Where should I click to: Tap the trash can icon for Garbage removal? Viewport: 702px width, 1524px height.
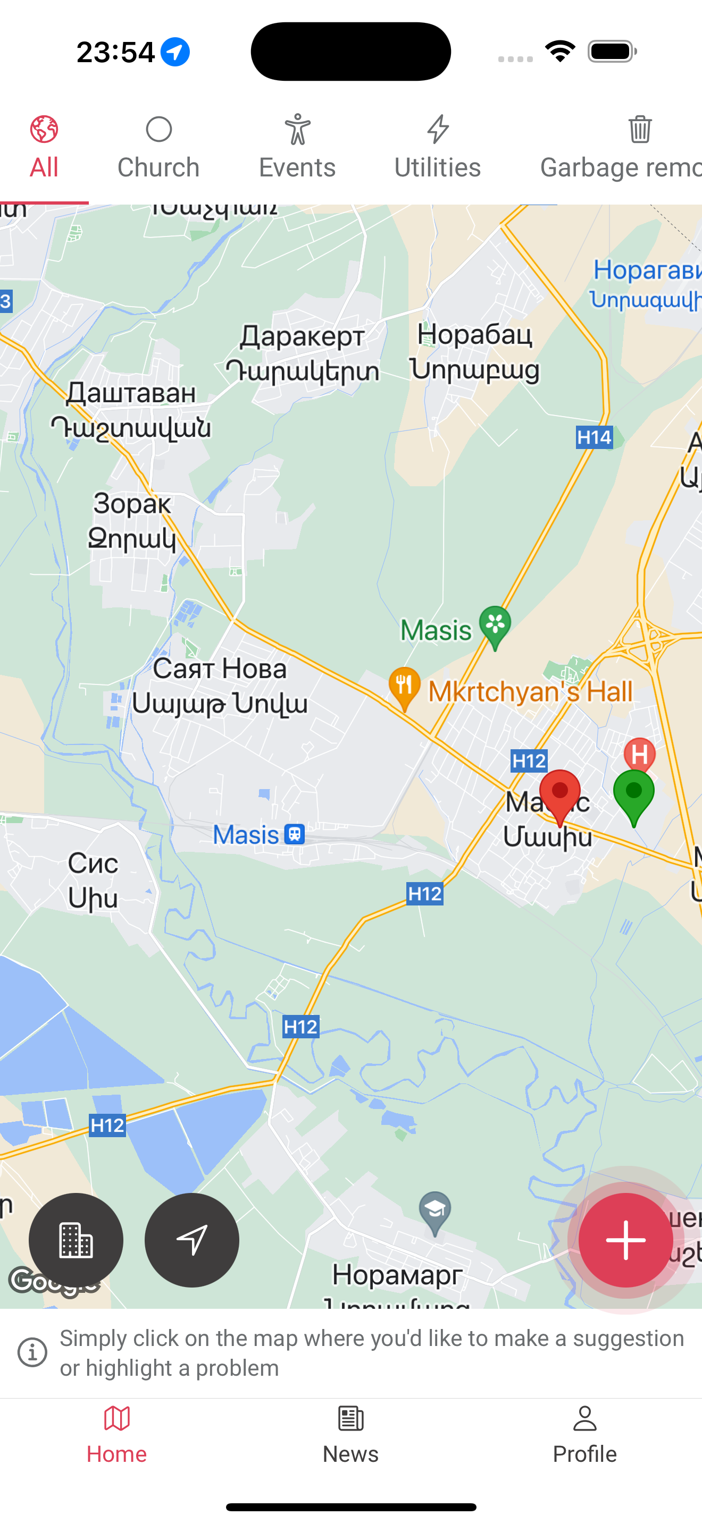click(640, 130)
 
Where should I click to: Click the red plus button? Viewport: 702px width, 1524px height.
click(625, 1239)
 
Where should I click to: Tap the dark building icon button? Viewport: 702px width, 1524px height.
click(76, 1239)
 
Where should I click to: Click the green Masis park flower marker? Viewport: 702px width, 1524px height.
click(495, 625)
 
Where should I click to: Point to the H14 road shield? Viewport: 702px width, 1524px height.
click(594, 437)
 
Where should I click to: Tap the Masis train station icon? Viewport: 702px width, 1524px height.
click(294, 834)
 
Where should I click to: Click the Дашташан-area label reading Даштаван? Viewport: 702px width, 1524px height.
click(131, 393)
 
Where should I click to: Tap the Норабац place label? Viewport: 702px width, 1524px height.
click(475, 335)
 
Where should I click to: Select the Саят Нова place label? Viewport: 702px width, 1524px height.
click(220, 669)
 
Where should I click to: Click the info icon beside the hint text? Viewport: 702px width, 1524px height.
click(32, 1352)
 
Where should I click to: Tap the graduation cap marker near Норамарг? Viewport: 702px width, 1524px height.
click(435, 1212)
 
